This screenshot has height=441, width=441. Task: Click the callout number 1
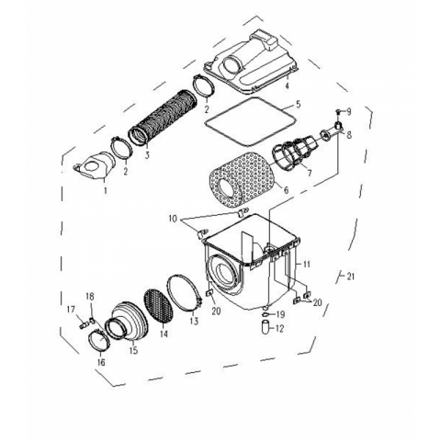[106, 190]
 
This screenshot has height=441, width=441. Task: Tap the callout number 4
[287, 85]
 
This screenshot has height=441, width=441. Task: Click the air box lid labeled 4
[251, 62]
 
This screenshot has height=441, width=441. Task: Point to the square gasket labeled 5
[250, 121]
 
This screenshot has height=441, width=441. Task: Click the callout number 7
[310, 174]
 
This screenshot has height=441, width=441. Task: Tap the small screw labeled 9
[338, 111]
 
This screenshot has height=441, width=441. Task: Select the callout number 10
[173, 219]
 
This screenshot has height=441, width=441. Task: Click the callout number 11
[307, 264]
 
